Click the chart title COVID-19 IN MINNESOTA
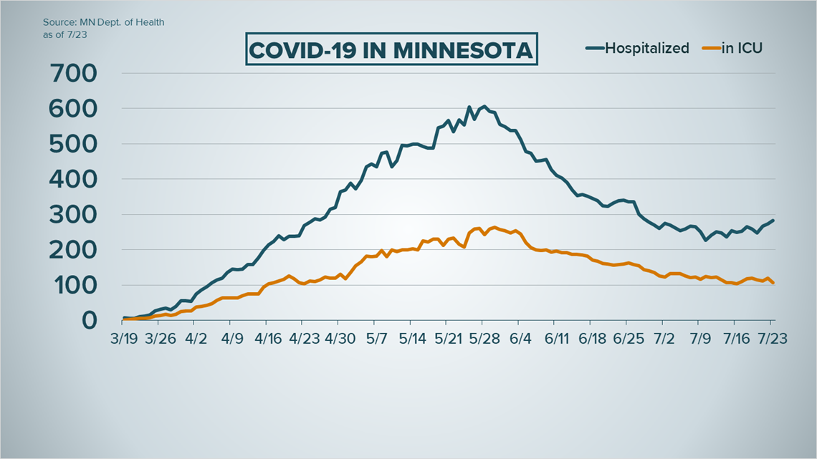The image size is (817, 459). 391,51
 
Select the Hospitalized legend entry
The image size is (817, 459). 637,49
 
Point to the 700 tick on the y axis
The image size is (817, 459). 75,73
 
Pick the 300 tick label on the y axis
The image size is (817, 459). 75,214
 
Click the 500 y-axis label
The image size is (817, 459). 75,144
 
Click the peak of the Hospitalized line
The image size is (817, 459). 484,107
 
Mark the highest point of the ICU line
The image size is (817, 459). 494,228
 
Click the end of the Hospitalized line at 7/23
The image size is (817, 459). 773,221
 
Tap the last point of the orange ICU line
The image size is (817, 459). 773,283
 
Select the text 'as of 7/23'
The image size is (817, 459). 61,34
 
